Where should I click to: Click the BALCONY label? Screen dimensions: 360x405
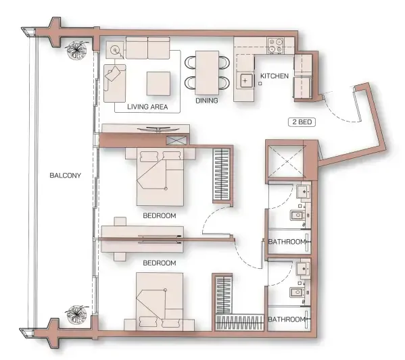click(x=65, y=176)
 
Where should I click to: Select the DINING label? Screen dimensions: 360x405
click(x=206, y=101)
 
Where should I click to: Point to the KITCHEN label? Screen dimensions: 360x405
click(x=275, y=76)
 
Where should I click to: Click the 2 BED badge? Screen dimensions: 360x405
click(x=301, y=122)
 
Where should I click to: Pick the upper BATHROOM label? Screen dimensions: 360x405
click(x=285, y=241)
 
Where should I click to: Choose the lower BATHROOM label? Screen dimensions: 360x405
click(x=285, y=319)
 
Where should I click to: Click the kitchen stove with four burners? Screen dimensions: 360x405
click(x=276, y=45)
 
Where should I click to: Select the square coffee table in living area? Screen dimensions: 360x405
click(x=160, y=82)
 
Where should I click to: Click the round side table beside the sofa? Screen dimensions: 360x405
click(x=114, y=49)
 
